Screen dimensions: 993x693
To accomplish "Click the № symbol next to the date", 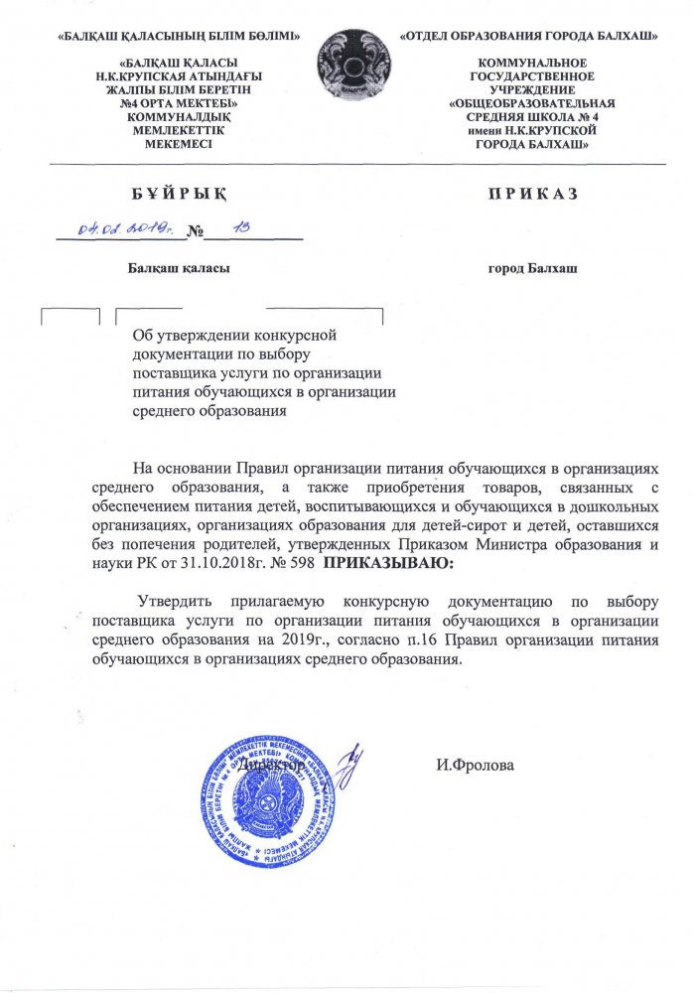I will point(195,233).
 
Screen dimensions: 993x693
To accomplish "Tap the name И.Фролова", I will point(475,766).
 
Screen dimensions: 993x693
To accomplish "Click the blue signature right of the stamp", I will point(346,766).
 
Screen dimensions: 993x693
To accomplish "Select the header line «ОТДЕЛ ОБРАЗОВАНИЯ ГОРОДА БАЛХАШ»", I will point(530,37).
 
